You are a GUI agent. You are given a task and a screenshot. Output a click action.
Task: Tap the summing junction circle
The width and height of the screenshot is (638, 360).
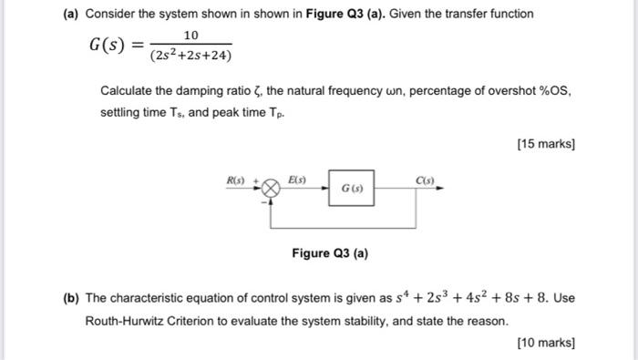pos(271,190)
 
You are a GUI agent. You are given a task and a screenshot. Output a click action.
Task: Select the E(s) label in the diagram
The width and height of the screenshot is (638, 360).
pos(296,179)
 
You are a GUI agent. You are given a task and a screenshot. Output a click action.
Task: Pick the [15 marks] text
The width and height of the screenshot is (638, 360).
pos(545,144)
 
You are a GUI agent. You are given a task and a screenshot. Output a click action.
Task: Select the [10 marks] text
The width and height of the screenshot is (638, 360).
pos(545,343)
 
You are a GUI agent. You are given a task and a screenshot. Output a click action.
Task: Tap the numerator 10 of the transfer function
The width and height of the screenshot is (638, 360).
pos(190,35)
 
